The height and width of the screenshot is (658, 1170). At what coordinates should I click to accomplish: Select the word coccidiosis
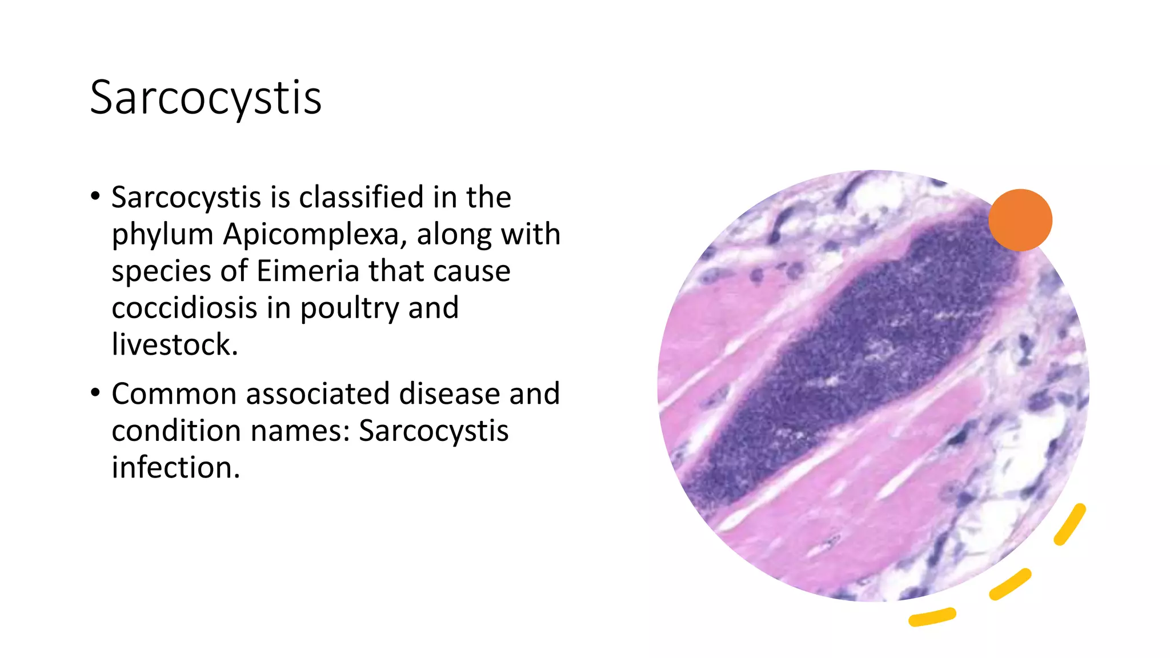184,308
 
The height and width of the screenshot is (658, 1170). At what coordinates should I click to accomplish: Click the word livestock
174,344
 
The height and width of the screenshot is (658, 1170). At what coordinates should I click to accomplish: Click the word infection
175,467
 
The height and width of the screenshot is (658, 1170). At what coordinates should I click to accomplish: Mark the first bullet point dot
95,196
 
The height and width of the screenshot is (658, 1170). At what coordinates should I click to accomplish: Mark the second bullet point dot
95,393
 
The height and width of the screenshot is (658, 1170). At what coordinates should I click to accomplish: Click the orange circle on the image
1020,220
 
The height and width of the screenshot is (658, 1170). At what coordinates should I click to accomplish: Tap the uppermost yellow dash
1070,524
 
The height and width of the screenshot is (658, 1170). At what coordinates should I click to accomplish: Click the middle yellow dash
1010,584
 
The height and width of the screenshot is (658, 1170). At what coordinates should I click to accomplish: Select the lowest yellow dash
932,617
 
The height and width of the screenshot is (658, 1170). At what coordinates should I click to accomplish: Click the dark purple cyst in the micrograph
857,366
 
